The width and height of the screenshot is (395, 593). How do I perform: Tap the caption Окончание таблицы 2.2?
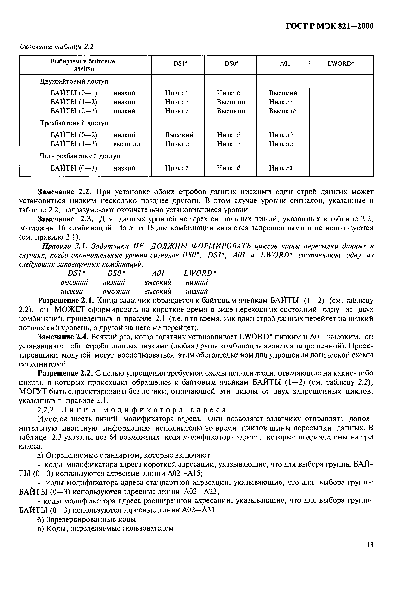[x=57, y=47]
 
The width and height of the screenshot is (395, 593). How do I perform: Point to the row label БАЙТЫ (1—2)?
[x=74, y=102]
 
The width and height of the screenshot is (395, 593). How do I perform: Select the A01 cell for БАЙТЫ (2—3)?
[x=283, y=111]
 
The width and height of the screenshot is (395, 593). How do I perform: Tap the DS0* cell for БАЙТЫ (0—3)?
[x=229, y=168]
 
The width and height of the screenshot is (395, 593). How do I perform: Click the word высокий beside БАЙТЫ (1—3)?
[x=126, y=144]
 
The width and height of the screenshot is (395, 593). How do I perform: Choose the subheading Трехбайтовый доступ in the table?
[x=74, y=123]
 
